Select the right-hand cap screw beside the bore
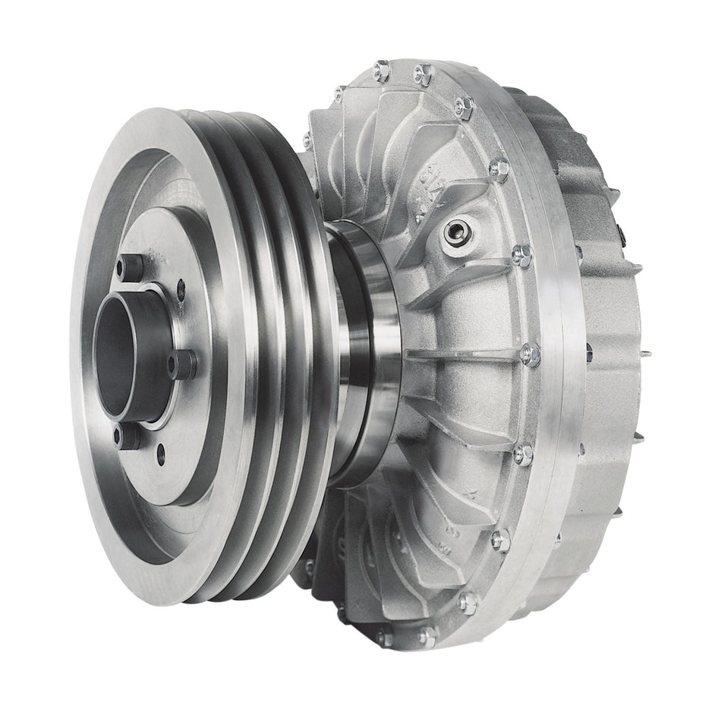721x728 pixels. click(x=182, y=364)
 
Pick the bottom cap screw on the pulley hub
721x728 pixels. click(x=127, y=437)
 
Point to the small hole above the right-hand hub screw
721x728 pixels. click(x=180, y=287)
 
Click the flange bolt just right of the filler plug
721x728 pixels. click(x=521, y=255)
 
